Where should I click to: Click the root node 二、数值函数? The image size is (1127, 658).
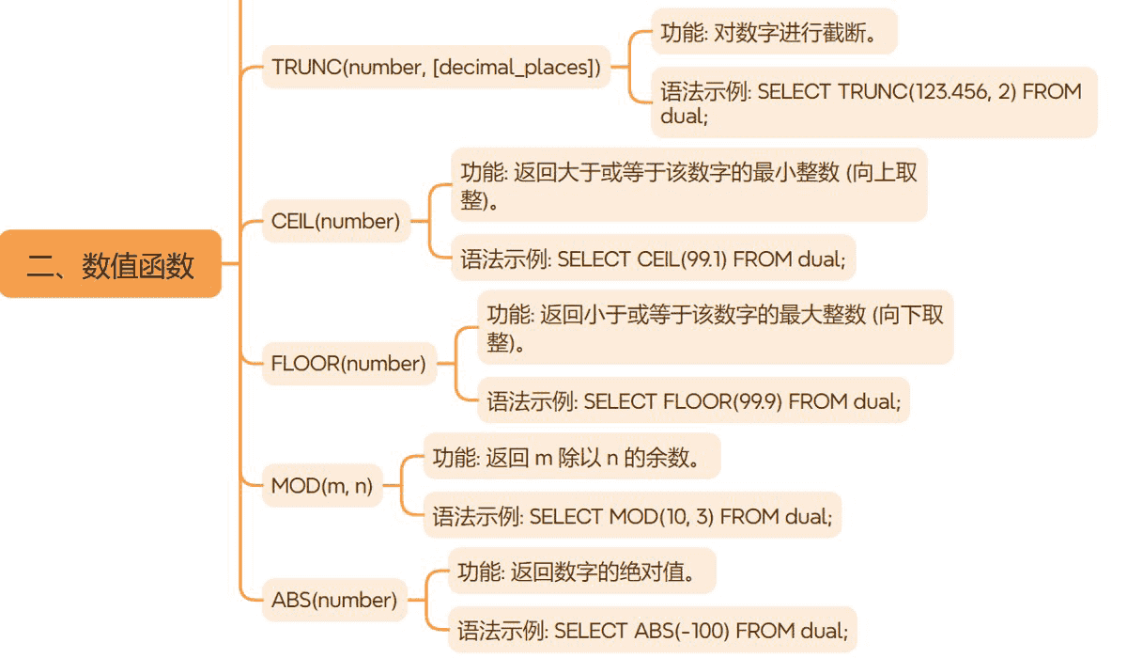(110, 266)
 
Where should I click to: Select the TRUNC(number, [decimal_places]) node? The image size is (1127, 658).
(436, 67)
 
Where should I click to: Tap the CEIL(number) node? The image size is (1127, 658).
(335, 222)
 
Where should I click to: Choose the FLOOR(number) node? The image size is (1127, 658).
(348, 364)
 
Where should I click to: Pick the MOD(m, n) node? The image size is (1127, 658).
(321, 486)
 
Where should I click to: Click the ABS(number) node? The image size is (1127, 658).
(333, 600)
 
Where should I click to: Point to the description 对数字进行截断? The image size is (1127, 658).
(774, 32)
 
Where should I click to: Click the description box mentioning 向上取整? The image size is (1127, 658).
(688, 185)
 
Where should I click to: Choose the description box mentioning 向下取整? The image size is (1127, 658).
(715, 327)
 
